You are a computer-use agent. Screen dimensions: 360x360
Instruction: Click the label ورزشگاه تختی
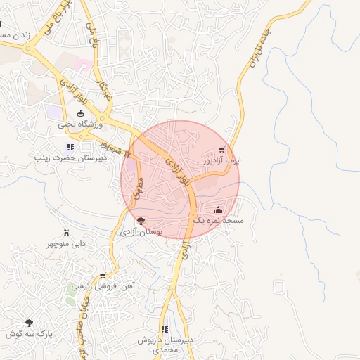[79, 124]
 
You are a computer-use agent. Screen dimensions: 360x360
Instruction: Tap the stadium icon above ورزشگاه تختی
[79, 113]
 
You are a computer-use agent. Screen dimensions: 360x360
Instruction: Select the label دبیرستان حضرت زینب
[70, 158]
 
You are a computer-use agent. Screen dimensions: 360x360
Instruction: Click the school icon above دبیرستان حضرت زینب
[70, 147]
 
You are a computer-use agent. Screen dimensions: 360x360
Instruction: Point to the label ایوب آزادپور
[221, 160]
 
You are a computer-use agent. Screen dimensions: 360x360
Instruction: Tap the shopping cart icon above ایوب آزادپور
[221, 149]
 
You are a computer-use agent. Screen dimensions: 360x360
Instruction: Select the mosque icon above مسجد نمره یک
[218, 210]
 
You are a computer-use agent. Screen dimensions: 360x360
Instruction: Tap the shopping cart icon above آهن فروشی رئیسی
[103, 276]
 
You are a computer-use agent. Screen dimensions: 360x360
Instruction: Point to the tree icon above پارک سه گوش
[29, 323]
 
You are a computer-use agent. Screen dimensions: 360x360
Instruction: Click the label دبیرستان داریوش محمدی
[165, 345]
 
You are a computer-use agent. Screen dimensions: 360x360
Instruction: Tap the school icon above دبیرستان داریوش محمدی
[165, 328]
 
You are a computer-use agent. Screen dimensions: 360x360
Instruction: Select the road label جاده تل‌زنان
[258, 51]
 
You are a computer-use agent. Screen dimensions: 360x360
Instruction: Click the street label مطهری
[138, 188]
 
